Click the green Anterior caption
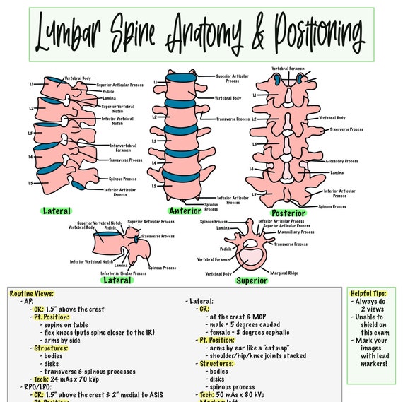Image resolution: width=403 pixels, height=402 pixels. [185, 211]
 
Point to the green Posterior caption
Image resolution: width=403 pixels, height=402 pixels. [288, 213]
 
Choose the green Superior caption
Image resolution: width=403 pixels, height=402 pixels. [252, 280]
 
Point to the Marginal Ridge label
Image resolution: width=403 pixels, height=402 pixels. [284, 271]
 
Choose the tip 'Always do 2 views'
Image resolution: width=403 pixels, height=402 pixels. [374, 307]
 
